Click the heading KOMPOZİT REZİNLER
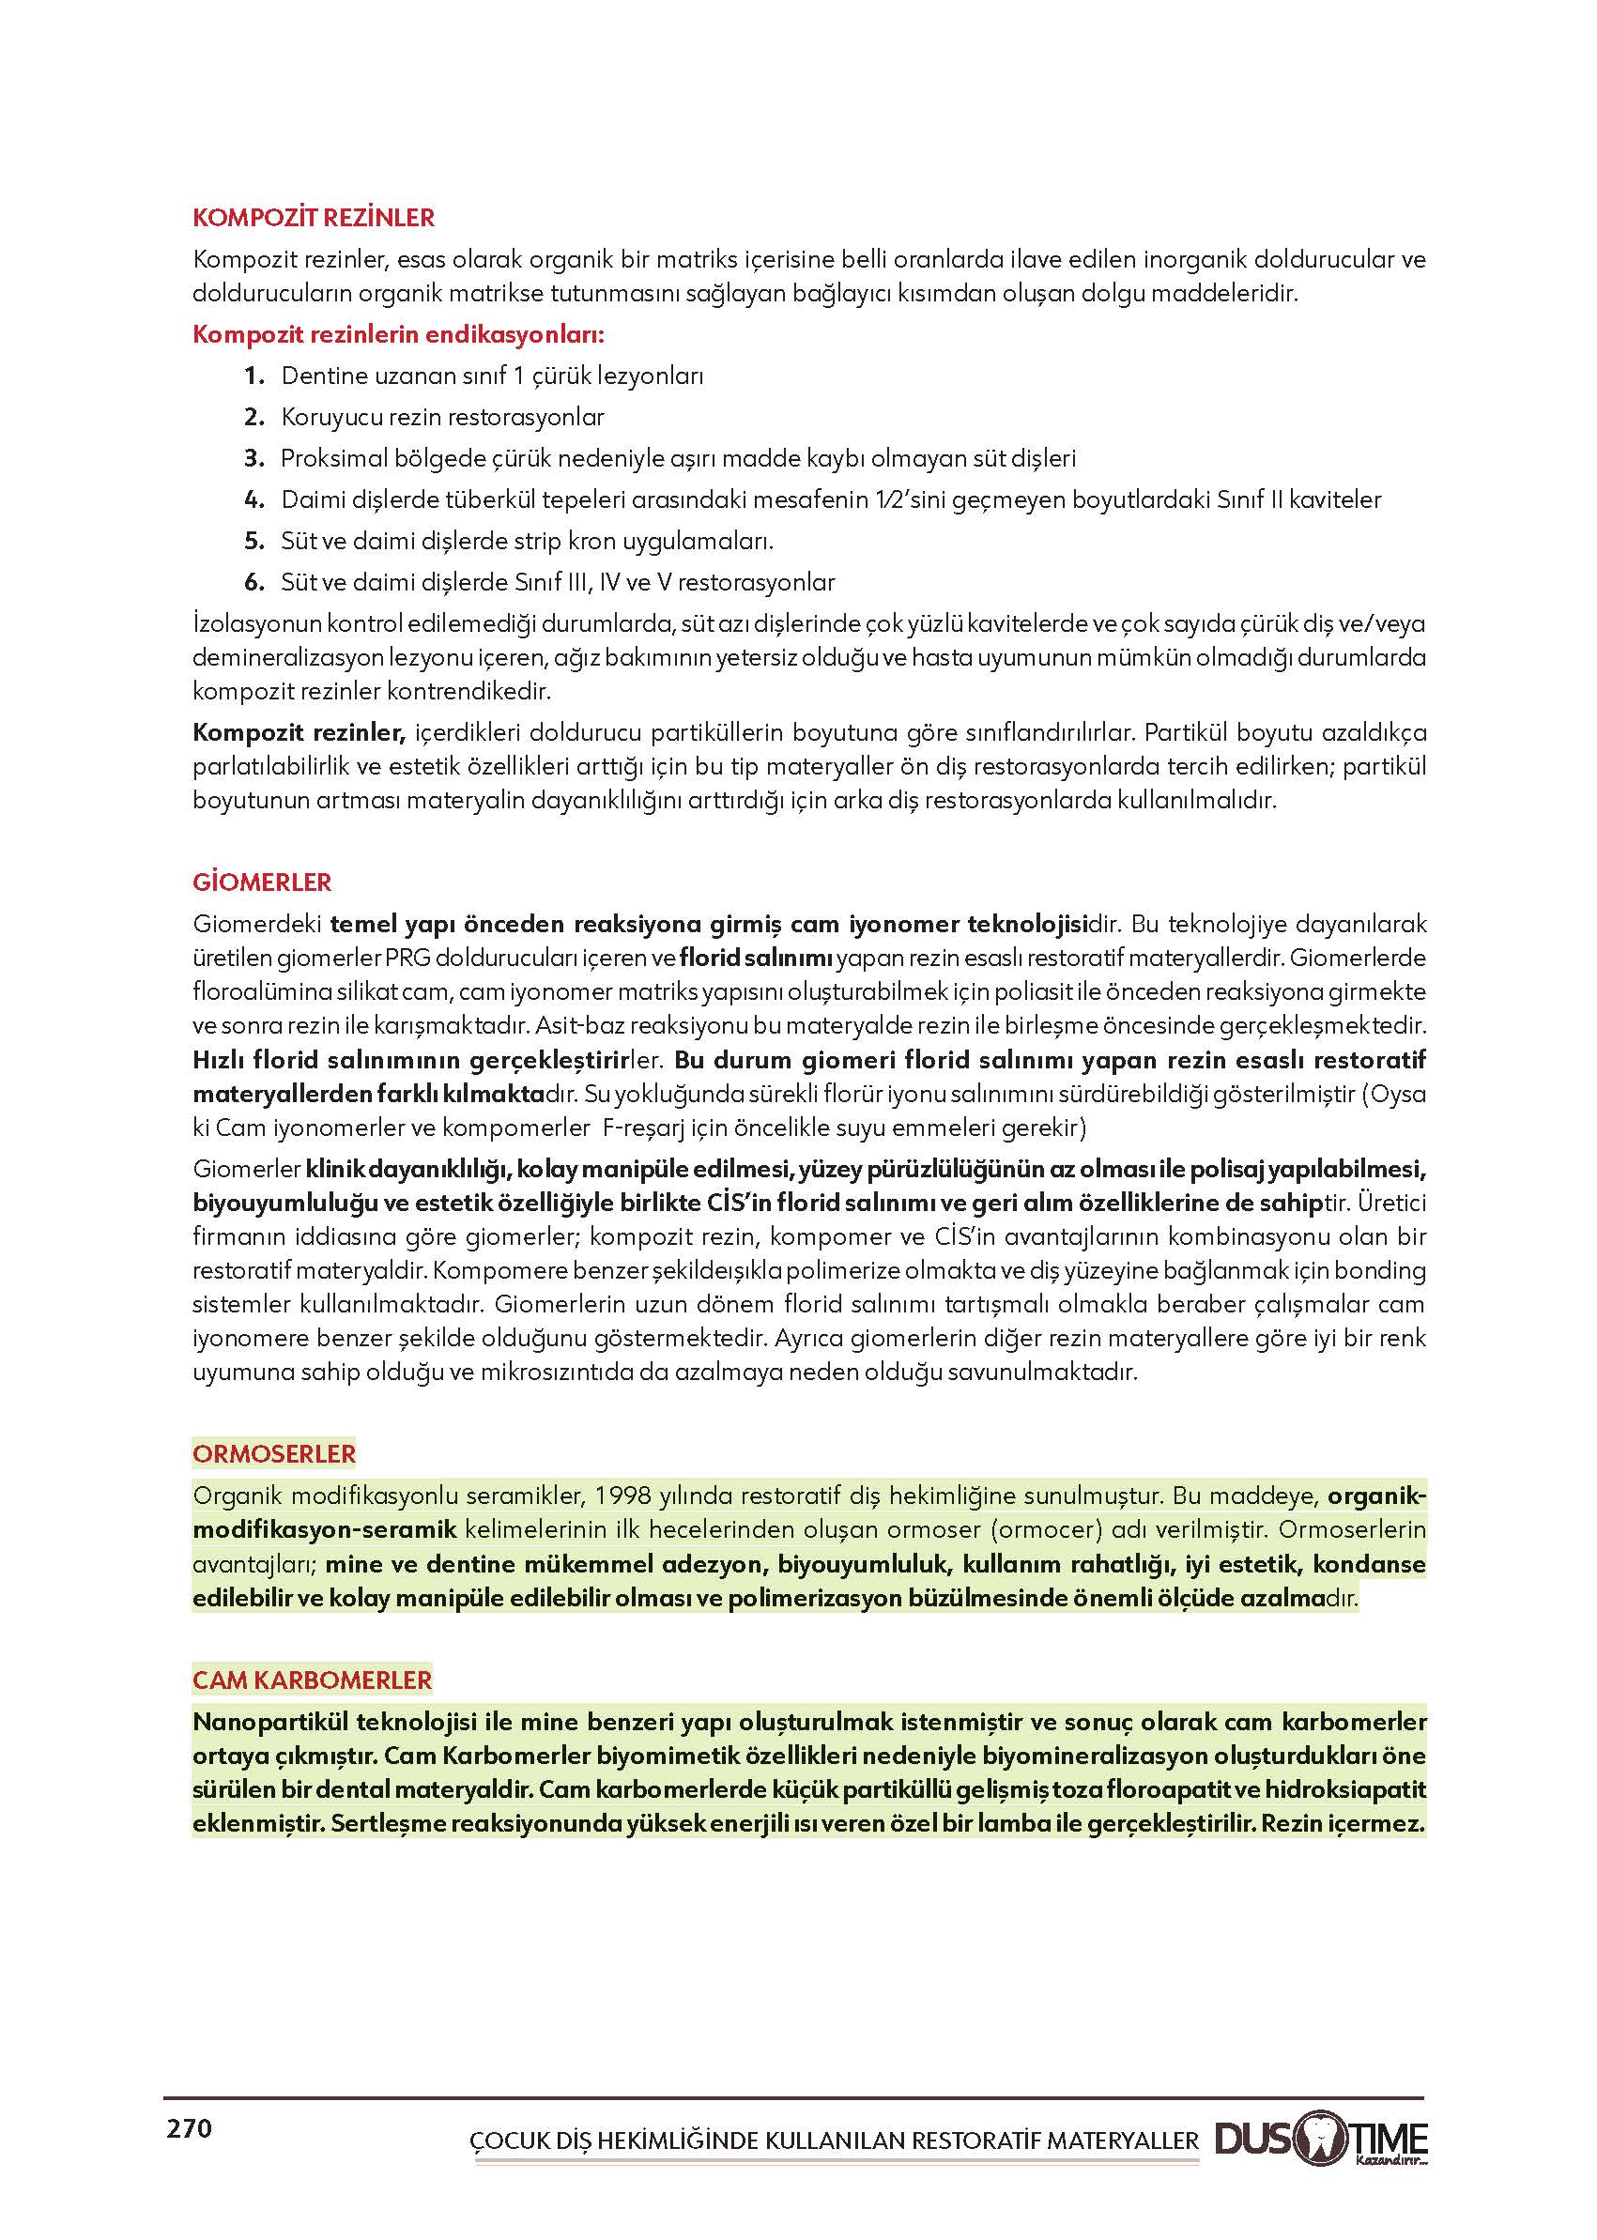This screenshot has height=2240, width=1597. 314,217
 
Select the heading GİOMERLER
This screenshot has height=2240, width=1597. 262,882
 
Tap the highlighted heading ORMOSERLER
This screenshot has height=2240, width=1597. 273,1453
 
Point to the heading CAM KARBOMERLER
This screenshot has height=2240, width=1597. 312,1680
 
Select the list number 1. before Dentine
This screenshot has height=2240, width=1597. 254,376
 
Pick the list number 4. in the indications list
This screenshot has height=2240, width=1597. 254,499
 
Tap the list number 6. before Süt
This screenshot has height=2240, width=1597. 254,582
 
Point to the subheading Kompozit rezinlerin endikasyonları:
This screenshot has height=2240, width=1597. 398,334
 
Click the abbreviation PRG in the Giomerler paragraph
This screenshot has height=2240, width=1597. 407,958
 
